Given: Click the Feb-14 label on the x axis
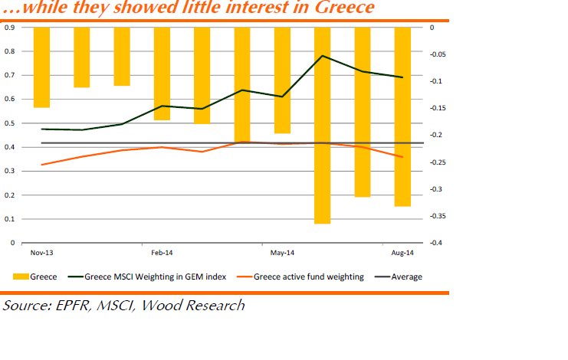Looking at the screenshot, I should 163,252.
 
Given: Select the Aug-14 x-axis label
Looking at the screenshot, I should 403,252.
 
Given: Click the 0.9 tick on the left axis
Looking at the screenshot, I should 11,28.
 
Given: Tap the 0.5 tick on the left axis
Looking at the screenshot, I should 11,123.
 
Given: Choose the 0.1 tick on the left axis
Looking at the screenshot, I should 11,219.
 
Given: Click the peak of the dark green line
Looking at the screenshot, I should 323,56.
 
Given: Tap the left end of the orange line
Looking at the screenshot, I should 41,165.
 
